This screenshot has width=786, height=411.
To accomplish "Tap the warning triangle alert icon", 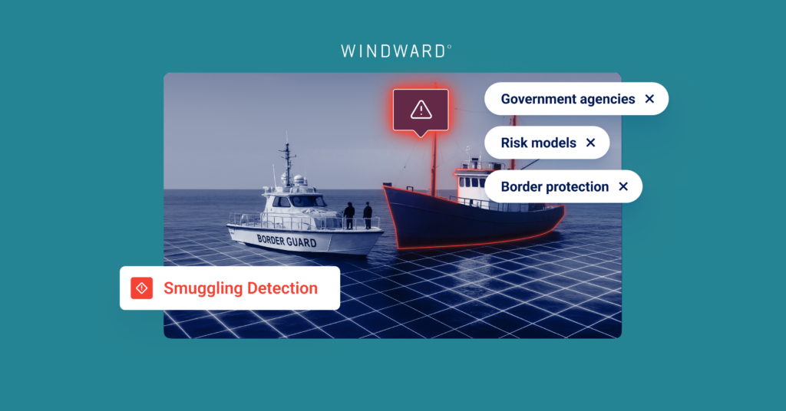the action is click(x=421, y=110).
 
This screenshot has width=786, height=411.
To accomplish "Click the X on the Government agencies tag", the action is click(x=649, y=99).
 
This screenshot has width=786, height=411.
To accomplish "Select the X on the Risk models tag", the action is click(x=590, y=143).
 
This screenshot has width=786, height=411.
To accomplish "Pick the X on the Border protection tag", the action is click(x=623, y=186).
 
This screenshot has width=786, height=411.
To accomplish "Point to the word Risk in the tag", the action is click(x=513, y=143).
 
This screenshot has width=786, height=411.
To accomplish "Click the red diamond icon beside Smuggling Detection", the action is click(x=142, y=288).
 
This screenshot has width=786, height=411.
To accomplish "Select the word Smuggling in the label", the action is click(x=203, y=288).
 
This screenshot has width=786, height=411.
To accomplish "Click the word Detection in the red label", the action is click(x=282, y=288).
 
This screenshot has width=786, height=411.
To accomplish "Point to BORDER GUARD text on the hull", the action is click(x=287, y=241).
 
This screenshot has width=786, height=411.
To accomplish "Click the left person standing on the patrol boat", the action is click(x=349, y=215).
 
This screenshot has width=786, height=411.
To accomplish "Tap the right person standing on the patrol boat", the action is click(x=368, y=215).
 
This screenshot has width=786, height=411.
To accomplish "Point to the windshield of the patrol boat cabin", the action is click(x=301, y=201).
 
